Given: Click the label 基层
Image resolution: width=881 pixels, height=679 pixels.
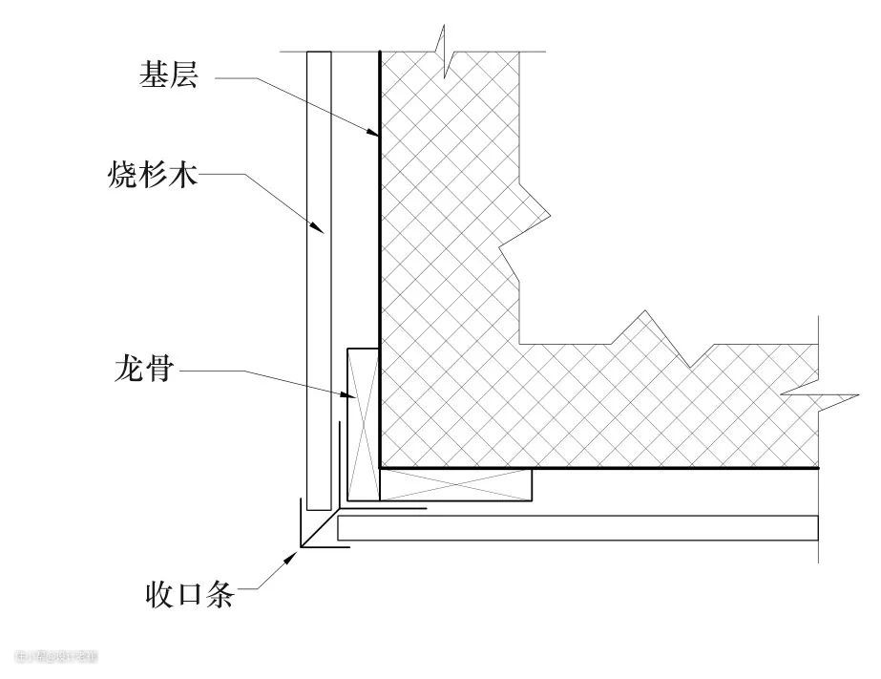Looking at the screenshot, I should point(168,77).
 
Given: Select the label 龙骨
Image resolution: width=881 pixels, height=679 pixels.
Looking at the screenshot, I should point(142,369).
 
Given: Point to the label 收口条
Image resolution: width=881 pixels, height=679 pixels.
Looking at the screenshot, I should point(190,596).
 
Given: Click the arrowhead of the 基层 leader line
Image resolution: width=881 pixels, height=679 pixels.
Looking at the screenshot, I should point(377,136).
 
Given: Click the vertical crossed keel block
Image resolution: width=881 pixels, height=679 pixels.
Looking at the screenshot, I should point(362,424).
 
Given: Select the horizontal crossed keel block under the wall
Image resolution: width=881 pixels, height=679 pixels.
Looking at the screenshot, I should point(455,484).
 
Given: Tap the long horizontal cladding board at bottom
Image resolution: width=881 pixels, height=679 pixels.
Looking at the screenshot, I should point(577,528).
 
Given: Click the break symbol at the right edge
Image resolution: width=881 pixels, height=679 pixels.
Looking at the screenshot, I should point(815,393).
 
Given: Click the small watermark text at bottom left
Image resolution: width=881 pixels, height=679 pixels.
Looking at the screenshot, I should point(56,657).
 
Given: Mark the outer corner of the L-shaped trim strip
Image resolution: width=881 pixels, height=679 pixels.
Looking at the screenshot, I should point(301,547).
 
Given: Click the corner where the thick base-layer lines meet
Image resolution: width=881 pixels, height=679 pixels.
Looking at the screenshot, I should point(380,468).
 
